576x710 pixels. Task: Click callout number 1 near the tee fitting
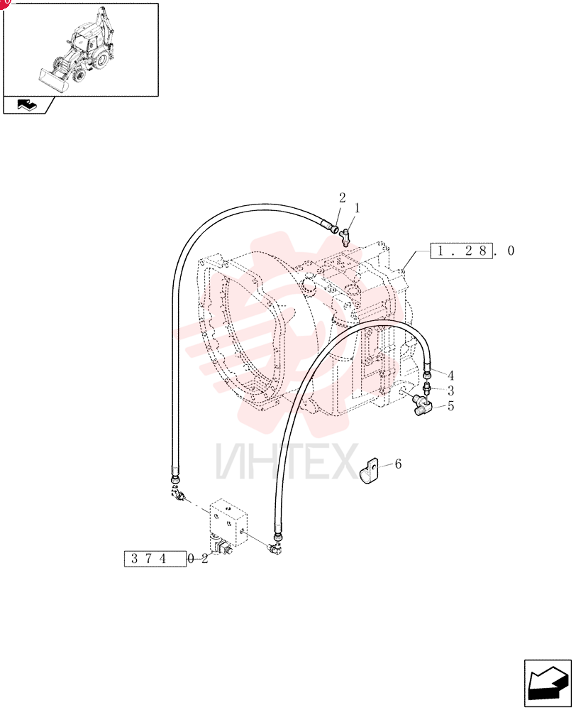coord(357,208)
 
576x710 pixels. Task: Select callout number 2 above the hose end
coord(342,198)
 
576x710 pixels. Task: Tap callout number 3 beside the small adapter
coord(450,390)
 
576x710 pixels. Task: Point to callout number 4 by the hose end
coord(450,376)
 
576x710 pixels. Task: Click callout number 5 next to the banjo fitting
coord(450,405)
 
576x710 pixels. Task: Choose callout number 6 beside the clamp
coord(398,464)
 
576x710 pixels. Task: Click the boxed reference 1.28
coord(460,251)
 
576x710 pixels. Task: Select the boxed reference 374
coord(155,559)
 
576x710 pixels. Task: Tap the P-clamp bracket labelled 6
coord(369,471)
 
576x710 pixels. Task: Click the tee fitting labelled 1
coord(345,236)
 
